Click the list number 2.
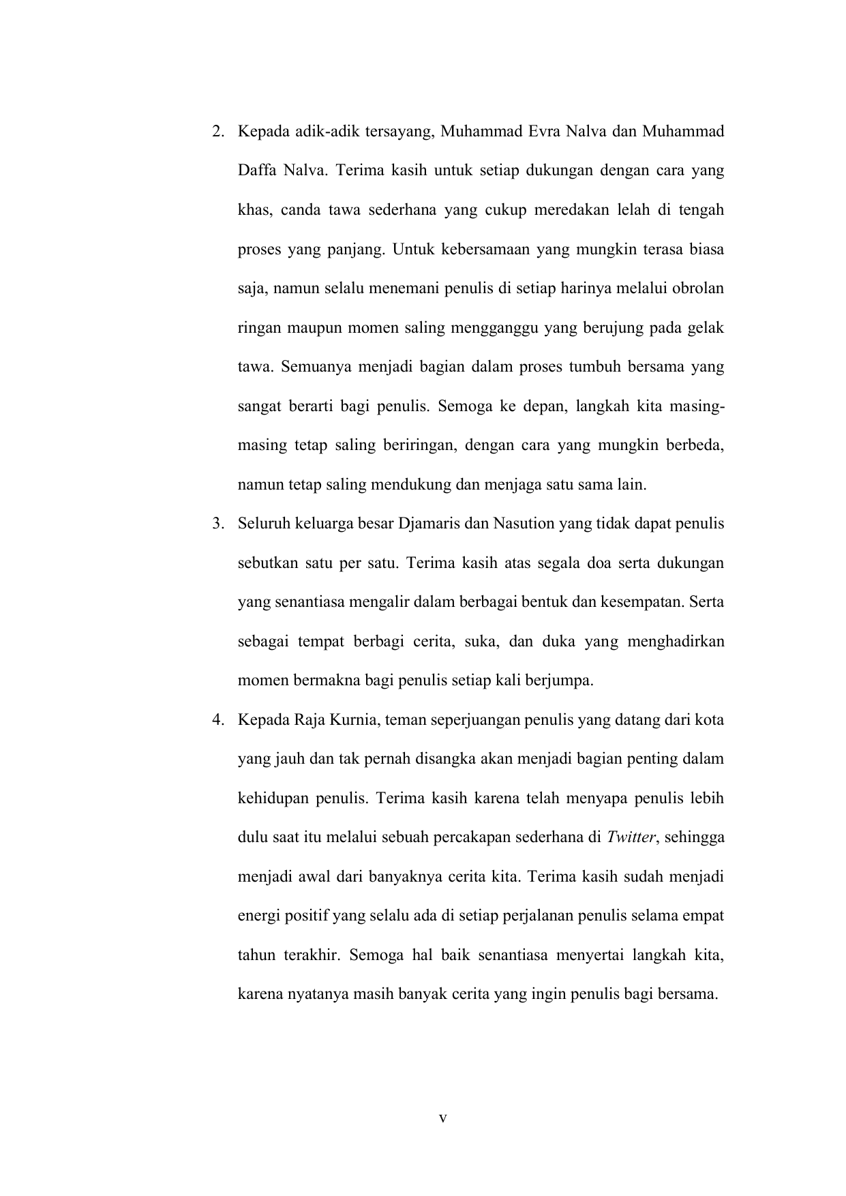[x=216, y=132]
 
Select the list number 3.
[x=216, y=524]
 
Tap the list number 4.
[x=216, y=720]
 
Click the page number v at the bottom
[x=442, y=1119]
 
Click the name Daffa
[x=255, y=170]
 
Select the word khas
[x=254, y=210]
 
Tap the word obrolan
[x=697, y=288]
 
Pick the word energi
[x=257, y=916]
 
